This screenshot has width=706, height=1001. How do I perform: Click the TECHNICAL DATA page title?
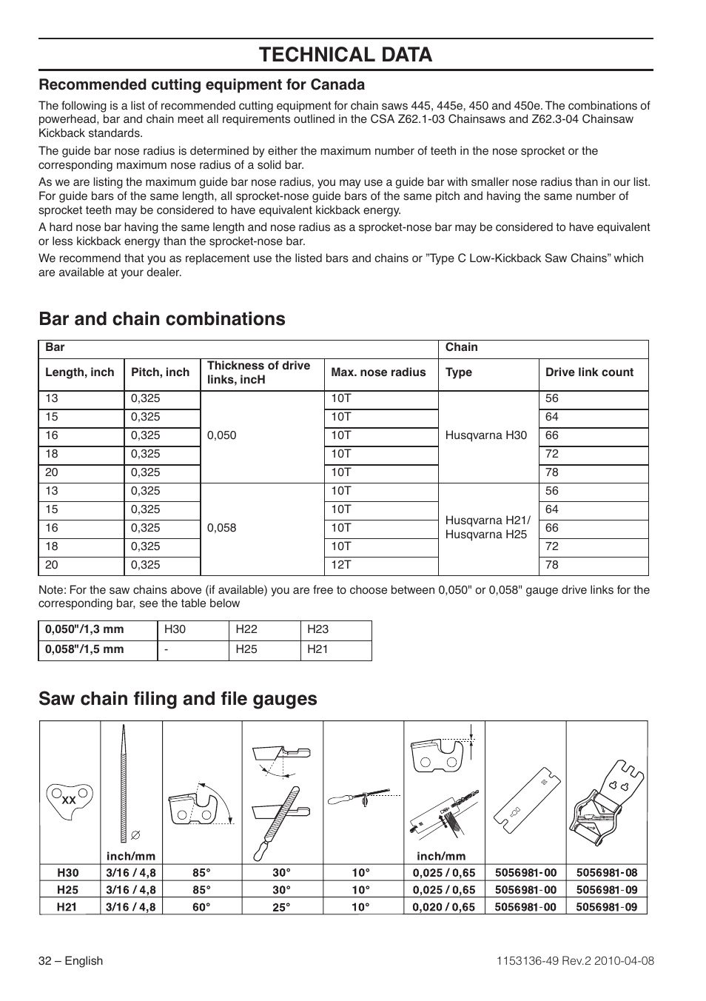click(x=346, y=54)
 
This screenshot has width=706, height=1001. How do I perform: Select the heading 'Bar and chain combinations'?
click(x=162, y=318)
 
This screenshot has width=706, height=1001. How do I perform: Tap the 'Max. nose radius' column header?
click(x=378, y=372)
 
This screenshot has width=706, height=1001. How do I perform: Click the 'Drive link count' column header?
click(x=589, y=372)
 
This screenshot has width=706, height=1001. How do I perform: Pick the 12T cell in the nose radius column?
click(x=341, y=565)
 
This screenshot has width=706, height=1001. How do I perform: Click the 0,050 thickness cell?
click(x=222, y=435)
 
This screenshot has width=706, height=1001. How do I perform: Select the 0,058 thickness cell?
click(x=222, y=528)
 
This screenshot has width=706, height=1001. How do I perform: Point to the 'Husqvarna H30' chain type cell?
click(x=486, y=435)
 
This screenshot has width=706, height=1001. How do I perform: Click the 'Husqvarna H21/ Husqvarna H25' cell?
click(x=488, y=528)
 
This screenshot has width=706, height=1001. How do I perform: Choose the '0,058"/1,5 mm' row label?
click(x=85, y=649)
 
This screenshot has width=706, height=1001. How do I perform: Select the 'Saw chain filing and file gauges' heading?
click(x=178, y=699)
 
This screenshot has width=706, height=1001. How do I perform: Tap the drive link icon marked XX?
click(x=70, y=800)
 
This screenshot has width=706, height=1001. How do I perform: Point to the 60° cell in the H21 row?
click(x=201, y=907)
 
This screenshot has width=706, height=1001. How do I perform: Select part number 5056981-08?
click(x=606, y=873)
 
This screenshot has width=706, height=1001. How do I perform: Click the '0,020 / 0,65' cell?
click(x=444, y=907)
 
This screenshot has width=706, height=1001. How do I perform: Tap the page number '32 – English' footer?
click(x=71, y=961)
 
